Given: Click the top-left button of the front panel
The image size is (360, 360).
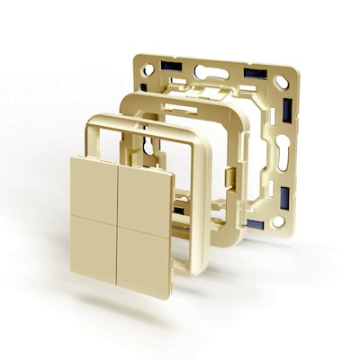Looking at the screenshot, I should [x=94, y=186].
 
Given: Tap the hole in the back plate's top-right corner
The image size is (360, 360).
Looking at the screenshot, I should [x=282, y=82].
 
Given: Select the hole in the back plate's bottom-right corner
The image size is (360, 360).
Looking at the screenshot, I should [x=278, y=220].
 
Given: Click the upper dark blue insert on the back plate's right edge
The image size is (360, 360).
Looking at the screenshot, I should [x=287, y=111].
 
